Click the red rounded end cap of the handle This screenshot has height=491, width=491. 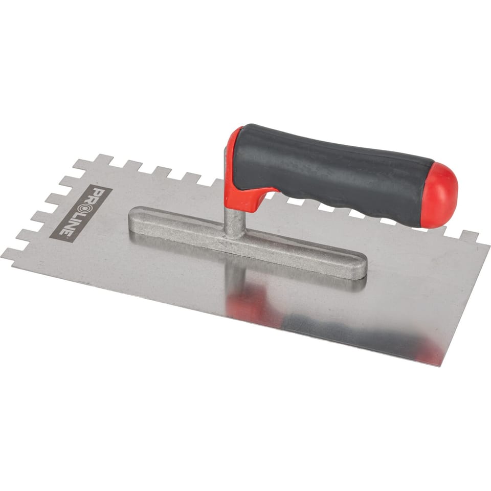(441, 194)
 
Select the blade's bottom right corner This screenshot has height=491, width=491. (442, 366)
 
